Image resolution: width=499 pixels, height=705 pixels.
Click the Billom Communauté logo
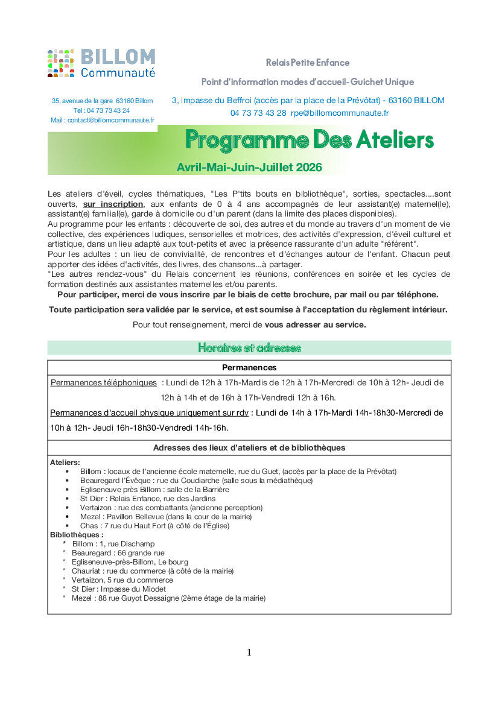pyautogui.click(x=101, y=63)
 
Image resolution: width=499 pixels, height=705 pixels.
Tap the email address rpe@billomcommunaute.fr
pyautogui.click(x=340, y=113)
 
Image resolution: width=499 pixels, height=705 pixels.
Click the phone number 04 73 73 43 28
pyautogui.click(x=258, y=113)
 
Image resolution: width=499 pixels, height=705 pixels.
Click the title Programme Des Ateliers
pyautogui.click(x=309, y=140)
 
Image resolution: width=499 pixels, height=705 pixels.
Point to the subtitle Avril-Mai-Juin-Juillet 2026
pyautogui.click(x=249, y=167)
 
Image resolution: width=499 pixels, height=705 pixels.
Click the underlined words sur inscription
pyautogui.click(x=113, y=204)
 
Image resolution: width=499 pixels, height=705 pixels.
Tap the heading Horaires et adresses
pyautogui.click(x=249, y=348)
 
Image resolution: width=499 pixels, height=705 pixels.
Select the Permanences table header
pyautogui.click(x=249, y=367)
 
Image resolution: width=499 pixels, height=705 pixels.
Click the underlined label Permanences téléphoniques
pyautogui.click(x=103, y=382)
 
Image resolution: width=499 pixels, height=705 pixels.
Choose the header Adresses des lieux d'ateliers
pyautogui.click(x=249, y=447)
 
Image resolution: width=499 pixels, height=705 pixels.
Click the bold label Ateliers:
pyautogui.click(x=65, y=463)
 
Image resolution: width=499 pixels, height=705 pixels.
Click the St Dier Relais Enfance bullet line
pyautogui.click(x=148, y=499)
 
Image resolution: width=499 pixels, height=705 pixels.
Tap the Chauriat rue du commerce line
pyautogui.click(x=153, y=571)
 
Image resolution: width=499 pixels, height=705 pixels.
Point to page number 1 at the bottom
pyautogui.click(x=249, y=653)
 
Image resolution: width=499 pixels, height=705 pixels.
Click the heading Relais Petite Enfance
pyautogui.click(x=308, y=63)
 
